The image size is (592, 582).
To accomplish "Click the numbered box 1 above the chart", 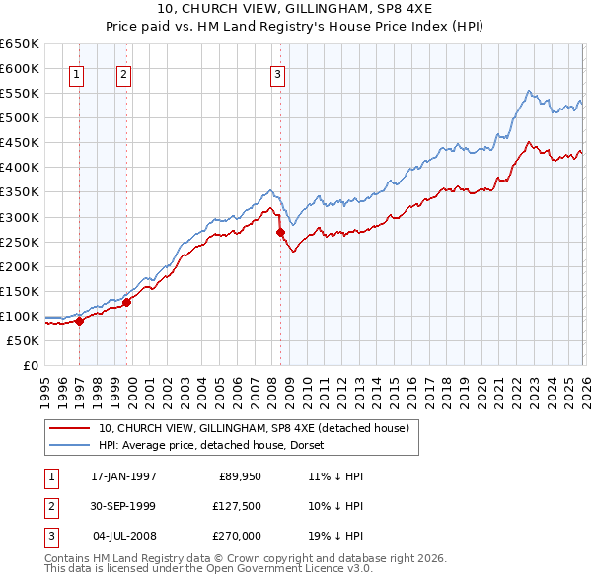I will (77, 73).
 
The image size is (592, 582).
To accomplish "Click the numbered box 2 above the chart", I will (123, 73).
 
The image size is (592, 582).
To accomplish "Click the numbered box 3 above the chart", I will (277, 73).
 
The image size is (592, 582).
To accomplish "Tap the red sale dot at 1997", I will (80, 321).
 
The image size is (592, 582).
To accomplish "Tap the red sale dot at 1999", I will (126, 302).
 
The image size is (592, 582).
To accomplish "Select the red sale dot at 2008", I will (280, 232).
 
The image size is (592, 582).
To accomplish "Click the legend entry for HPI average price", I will (223, 445).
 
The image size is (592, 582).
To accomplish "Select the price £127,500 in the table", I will (237, 506).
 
